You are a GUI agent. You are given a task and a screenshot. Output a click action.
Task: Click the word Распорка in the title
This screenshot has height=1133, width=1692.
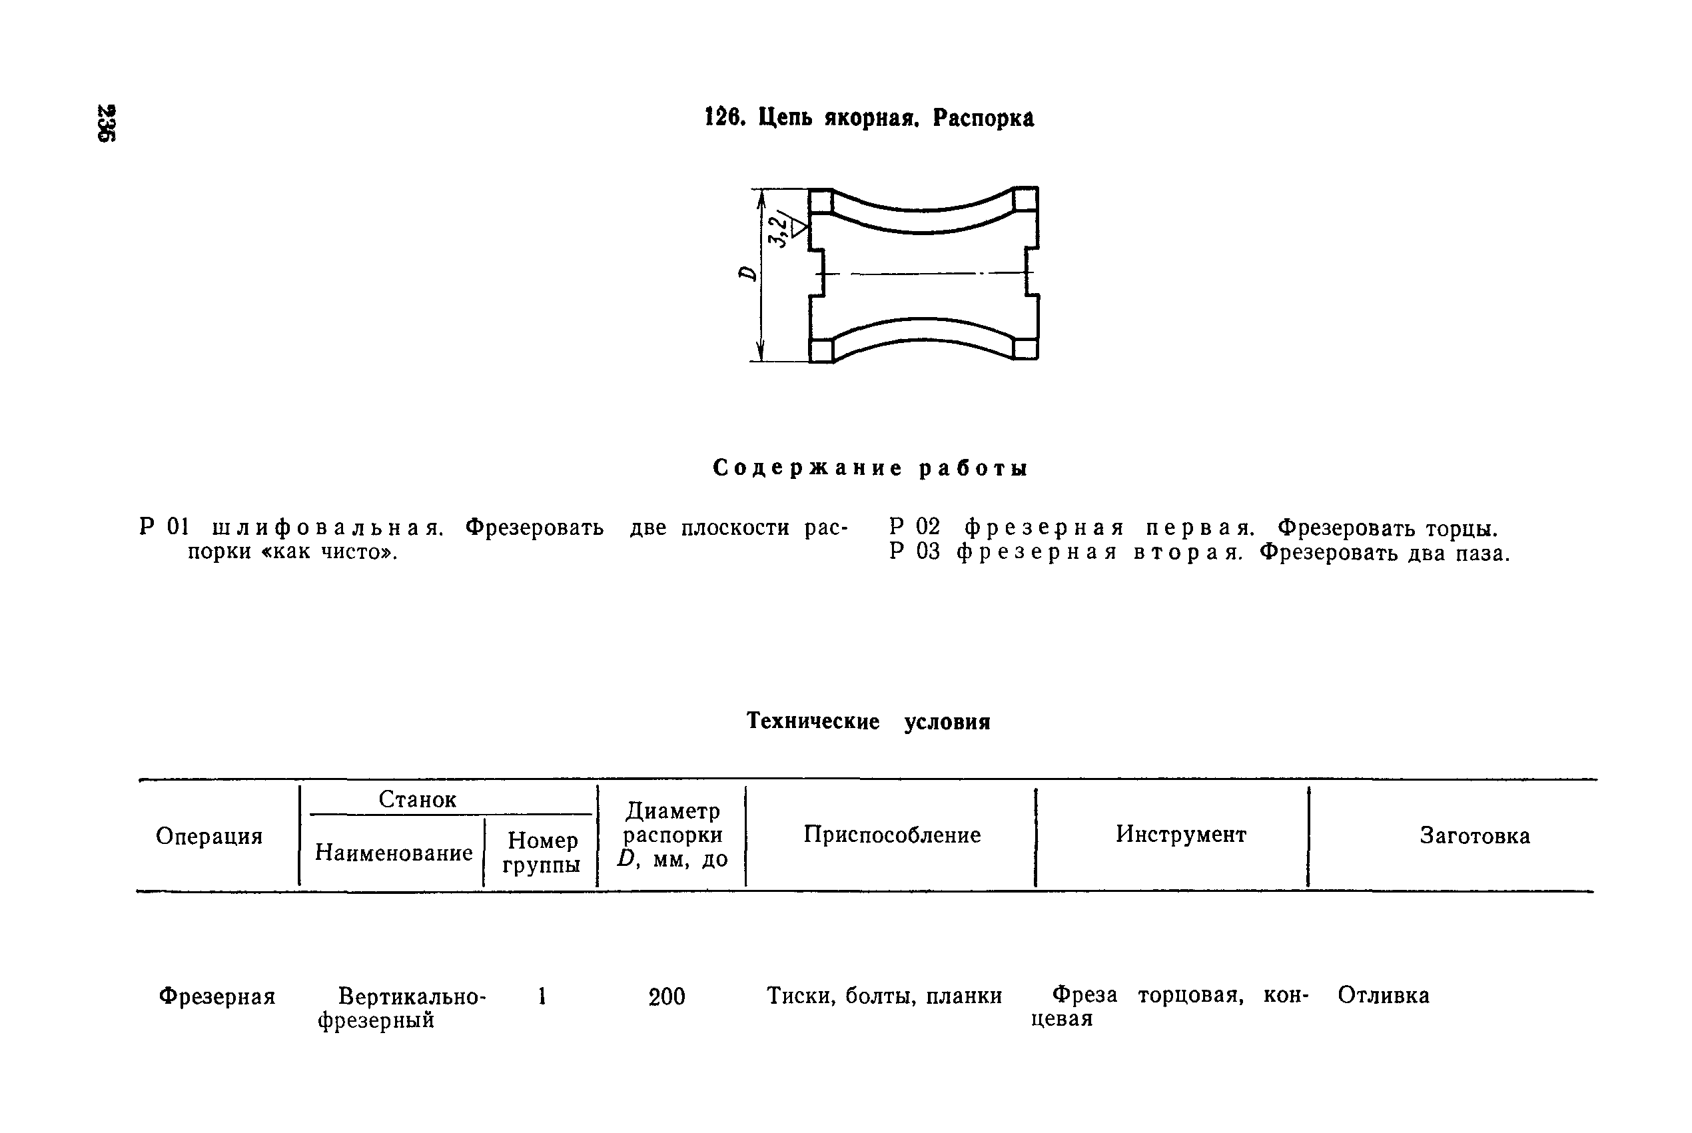pos(983,118)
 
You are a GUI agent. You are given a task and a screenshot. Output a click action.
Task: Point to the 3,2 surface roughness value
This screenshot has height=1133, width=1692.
pos(778,230)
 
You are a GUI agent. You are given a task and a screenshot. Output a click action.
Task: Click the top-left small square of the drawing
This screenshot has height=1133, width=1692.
pos(820,200)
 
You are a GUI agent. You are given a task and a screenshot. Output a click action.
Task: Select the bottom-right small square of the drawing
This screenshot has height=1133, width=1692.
pos(1025,349)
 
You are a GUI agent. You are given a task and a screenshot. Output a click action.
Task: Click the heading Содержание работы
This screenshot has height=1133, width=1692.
pos(870,468)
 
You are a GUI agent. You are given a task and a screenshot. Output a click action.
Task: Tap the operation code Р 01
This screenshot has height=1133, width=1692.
pos(164,528)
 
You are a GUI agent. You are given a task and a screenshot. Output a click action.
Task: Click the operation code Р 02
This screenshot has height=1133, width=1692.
pos(914,528)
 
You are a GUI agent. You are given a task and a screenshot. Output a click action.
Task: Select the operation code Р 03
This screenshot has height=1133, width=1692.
pos(914,553)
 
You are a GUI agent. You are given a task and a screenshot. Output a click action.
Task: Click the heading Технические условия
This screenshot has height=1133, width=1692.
pos(868,721)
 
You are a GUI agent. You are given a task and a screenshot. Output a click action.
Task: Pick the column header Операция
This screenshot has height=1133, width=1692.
pos(209,836)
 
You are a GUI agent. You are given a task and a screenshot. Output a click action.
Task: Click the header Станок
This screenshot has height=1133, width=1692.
pos(417,799)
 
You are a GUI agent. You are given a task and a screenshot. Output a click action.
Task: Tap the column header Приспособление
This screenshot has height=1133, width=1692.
pos(891,835)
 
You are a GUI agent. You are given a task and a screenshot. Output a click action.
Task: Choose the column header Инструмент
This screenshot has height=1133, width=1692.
pos(1180,834)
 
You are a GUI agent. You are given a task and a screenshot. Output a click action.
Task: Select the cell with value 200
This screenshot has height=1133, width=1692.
pos(666,997)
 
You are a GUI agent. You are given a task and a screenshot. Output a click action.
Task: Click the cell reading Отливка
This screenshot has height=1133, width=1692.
pos(1383,995)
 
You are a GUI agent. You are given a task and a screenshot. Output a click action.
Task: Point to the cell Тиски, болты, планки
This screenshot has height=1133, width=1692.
pos(883,996)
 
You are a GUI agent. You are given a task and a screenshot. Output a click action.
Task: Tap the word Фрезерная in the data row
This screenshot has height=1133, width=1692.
pos(216,997)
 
